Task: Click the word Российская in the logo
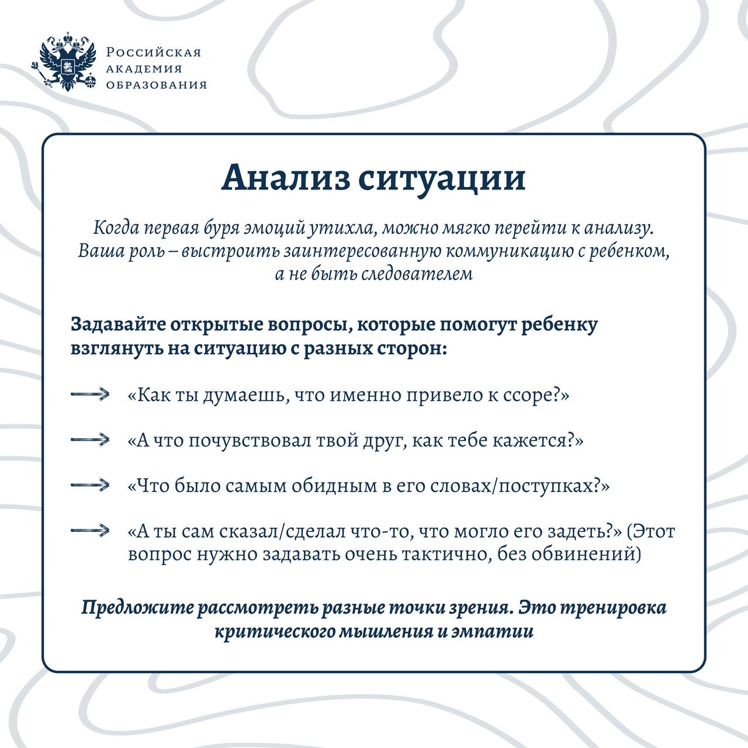(154, 53)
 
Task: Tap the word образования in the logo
(156, 85)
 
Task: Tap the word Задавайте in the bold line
(117, 324)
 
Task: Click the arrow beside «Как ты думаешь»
(91, 395)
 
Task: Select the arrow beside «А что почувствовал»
(91, 439)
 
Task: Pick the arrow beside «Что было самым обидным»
(91, 485)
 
